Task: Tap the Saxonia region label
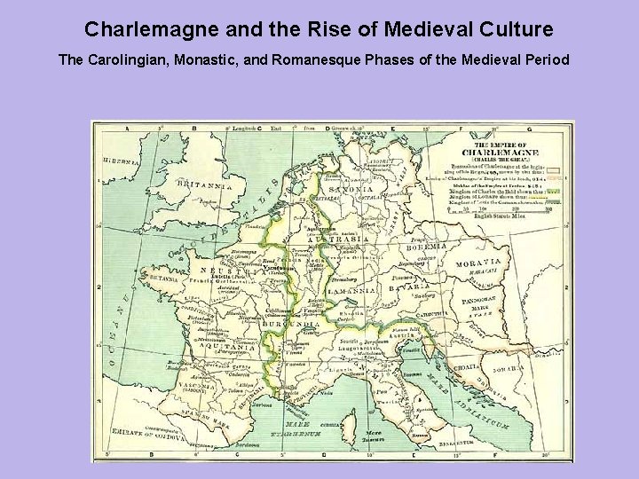(348, 189)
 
